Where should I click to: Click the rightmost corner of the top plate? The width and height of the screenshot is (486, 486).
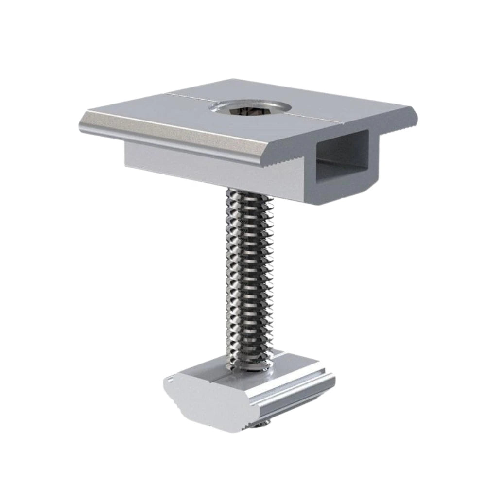(418, 113)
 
